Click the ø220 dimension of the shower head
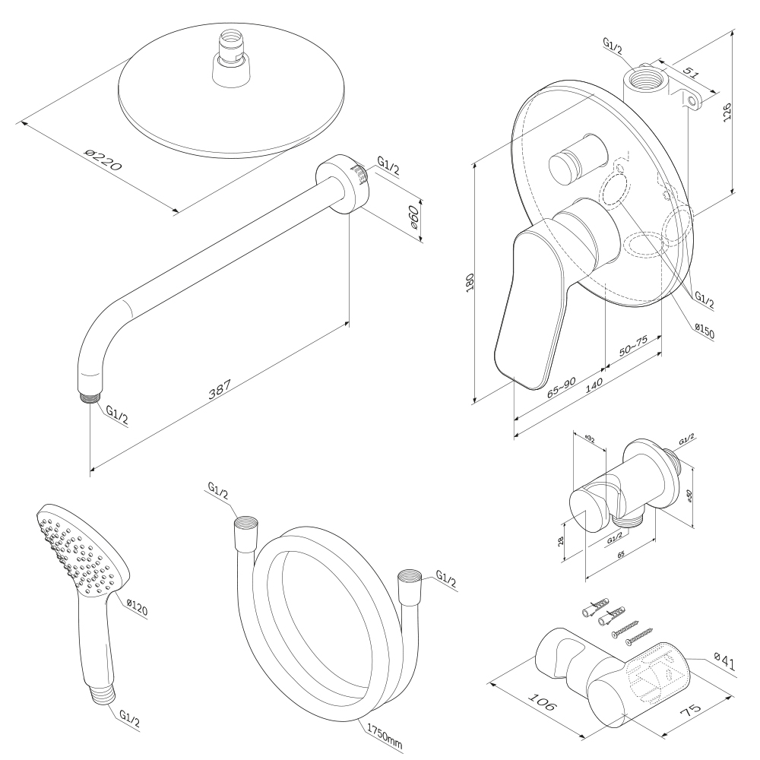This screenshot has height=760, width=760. coord(103,160)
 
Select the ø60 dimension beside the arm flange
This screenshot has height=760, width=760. coord(413,218)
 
